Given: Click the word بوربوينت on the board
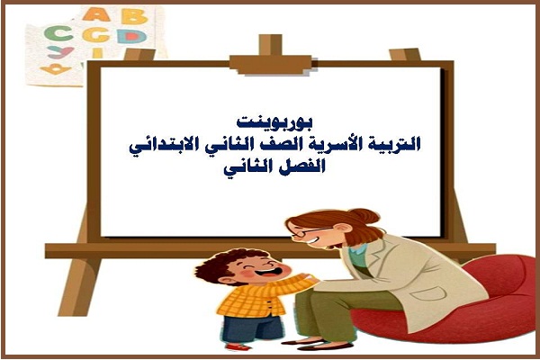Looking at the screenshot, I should tap(269, 121).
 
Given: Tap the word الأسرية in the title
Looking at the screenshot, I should tap(346, 143).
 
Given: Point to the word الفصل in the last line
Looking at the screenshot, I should tap(296, 166).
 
